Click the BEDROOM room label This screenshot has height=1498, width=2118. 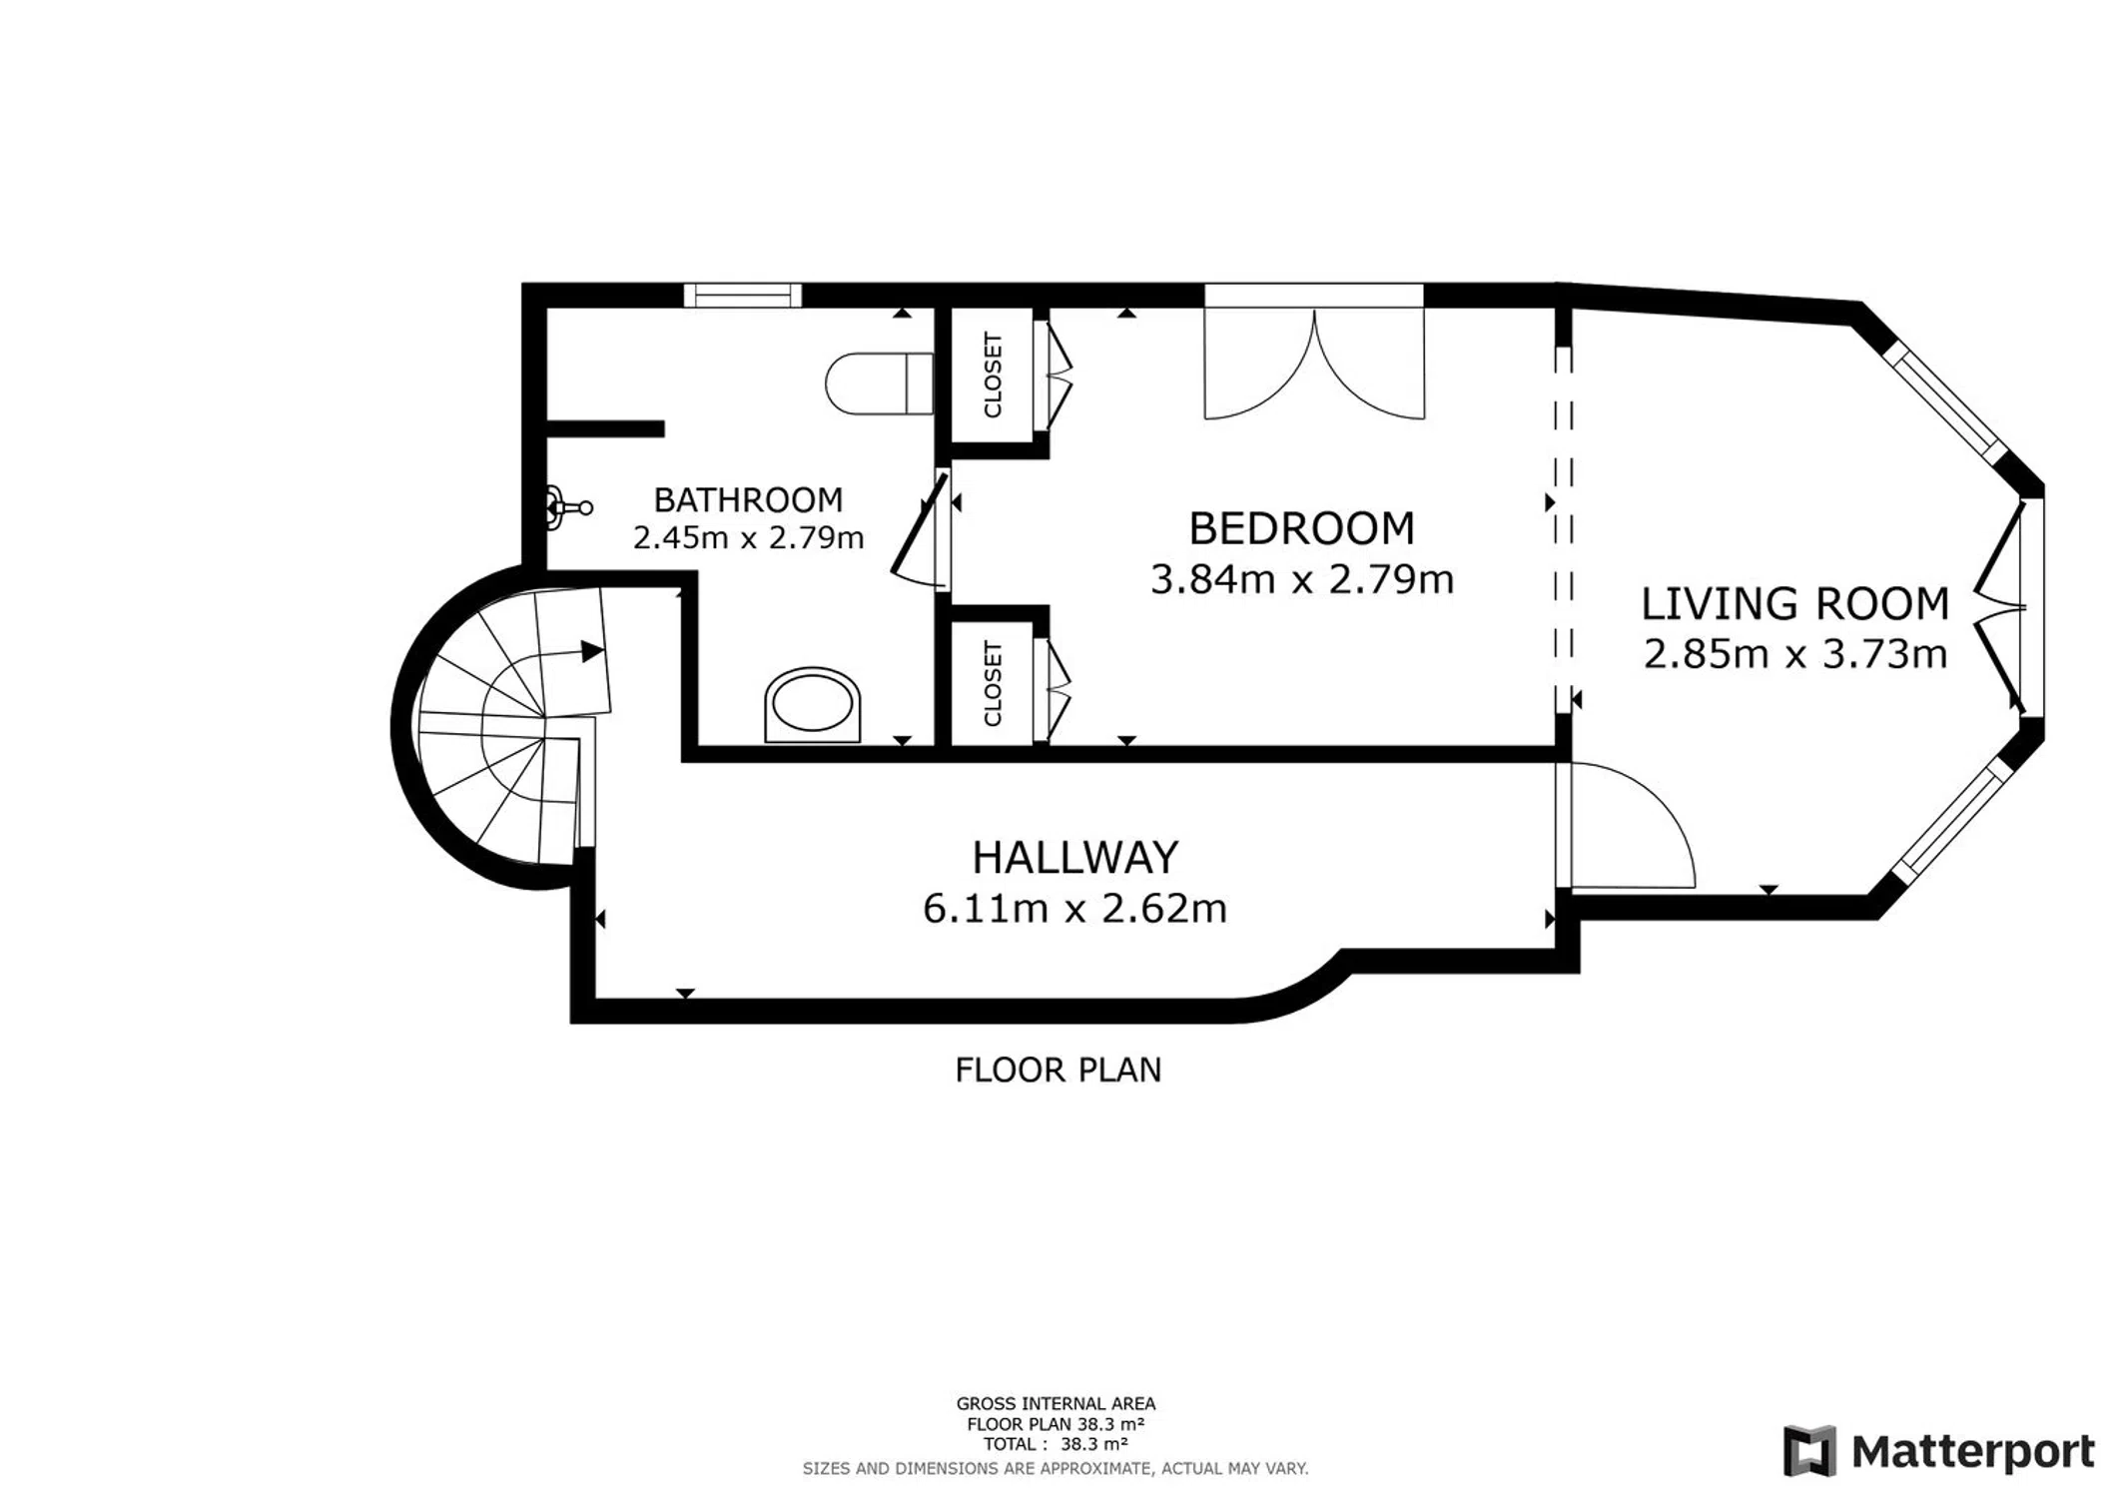click(1301, 528)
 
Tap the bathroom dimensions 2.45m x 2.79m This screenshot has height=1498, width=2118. click(748, 538)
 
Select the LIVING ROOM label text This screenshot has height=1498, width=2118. click(1795, 604)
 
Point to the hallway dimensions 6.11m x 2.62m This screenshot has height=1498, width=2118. click(1074, 909)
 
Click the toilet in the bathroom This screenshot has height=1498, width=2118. click(879, 383)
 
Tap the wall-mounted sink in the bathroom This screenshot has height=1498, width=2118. click(567, 507)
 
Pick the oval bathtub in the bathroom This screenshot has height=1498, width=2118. click(813, 705)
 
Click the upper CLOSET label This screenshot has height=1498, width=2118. click(993, 375)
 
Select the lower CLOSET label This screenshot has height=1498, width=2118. click(993, 684)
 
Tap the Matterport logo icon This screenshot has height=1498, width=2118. click(1809, 1451)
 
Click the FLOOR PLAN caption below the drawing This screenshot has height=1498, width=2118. click(1059, 1070)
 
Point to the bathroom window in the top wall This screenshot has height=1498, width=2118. click(743, 295)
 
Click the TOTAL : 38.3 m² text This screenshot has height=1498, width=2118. click(1056, 1444)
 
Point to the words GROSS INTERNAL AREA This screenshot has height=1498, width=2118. click(1056, 1404)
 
